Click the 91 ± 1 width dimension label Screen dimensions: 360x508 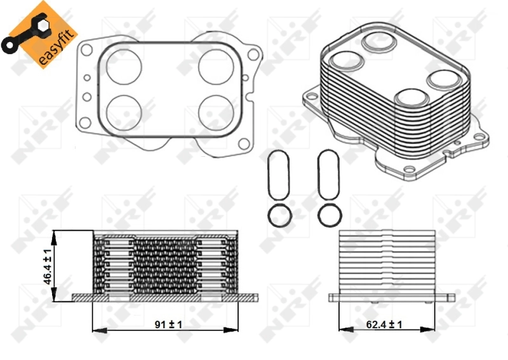tap(168, 324)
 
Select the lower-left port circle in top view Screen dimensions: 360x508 tap(121, 110)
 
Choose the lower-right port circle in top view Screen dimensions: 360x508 tap(214, 110)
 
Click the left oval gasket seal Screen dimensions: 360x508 tap(277, 175)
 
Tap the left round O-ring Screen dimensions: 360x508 tap(277, 215)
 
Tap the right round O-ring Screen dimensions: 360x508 tap(329, 215)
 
